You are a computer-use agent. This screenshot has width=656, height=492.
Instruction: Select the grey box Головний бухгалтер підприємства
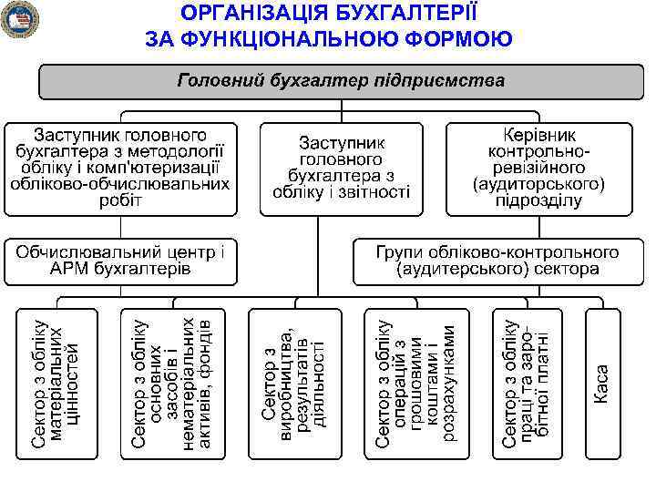(341, 82)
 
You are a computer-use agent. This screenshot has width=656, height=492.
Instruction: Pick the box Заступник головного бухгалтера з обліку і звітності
(341, 168)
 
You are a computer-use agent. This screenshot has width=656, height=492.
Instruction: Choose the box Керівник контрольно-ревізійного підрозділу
(538, 168)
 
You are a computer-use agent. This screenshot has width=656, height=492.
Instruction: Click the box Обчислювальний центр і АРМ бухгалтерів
(119, 260)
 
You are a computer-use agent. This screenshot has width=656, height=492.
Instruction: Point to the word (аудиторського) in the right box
(538, 184)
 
